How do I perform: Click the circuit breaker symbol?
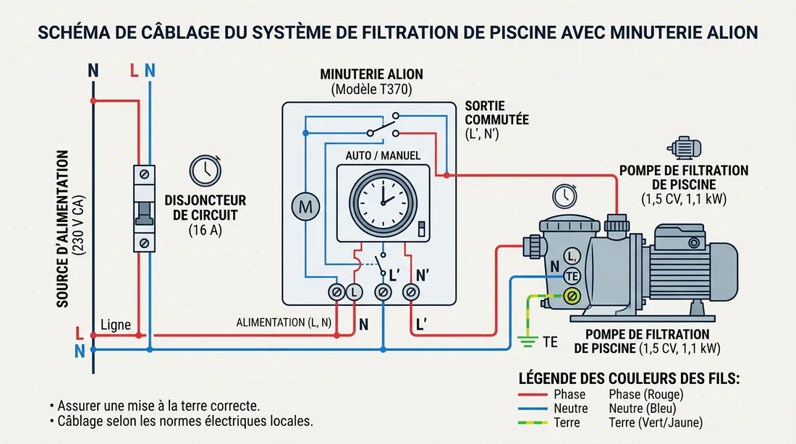(144, 208)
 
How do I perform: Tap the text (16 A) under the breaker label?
(204, 231)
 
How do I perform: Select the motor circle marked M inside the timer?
(305, 207)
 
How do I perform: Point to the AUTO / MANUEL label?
(383, 155)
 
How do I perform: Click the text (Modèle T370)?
(371, 90)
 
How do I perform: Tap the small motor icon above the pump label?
(684, 148)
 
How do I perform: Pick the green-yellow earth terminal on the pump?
(572, 295)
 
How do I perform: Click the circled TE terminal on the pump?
(572, 275)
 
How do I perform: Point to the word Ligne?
(116, 325)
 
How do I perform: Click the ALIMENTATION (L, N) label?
(283, 322)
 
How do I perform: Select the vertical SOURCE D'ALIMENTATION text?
(70, 228)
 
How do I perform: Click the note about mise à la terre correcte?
(154, 405)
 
